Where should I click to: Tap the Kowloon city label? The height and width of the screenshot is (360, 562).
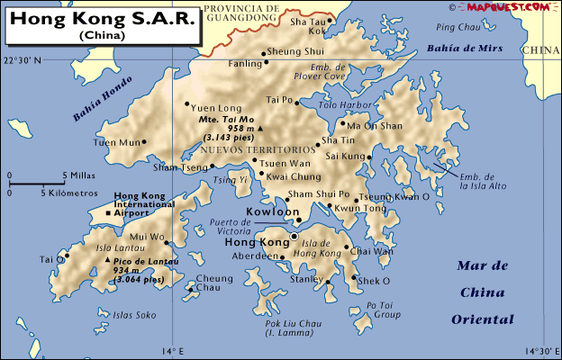[273, 213]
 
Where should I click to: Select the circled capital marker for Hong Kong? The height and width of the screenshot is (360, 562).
[294, 237]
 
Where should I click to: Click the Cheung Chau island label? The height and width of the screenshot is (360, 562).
[213, 283]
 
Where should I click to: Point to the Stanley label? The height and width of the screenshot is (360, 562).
[305, 279]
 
